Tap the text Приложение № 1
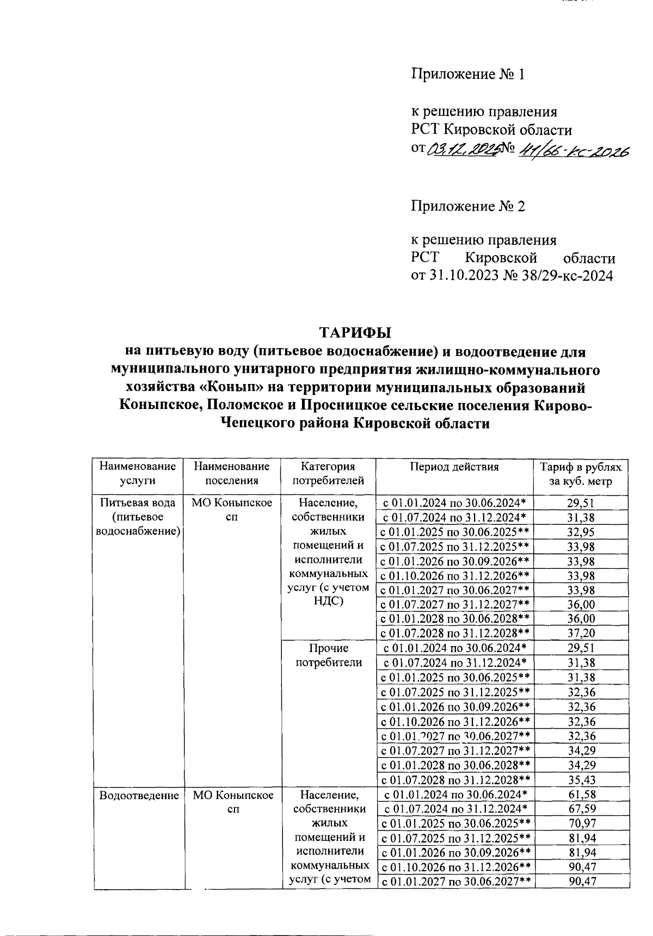(467, 74)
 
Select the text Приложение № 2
(467, 206)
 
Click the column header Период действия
(454, 467)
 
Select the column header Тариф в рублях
(580, 467)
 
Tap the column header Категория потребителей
(328, 473)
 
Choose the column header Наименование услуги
(137, 473)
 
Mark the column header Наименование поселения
(232, 473)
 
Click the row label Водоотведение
(139, 795)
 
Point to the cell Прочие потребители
(328, 655)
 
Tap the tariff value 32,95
(581, 532)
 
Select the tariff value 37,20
(581, 633)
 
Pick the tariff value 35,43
(581, 779)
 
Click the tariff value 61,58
(581, 795)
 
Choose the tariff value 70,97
(581, 823)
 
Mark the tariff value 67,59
(581, 809)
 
